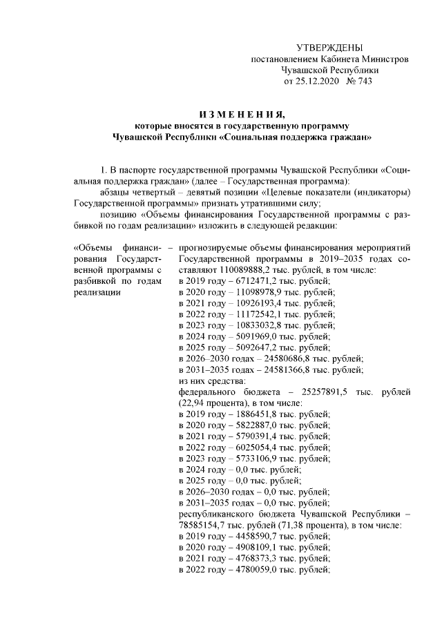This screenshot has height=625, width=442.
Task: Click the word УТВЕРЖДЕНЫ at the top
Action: click(329, 48)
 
